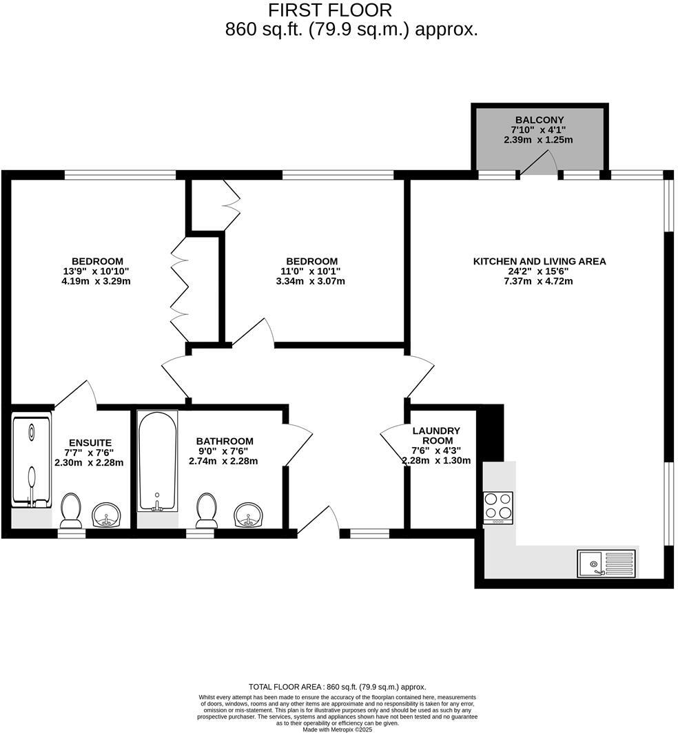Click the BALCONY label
tap(538, 120)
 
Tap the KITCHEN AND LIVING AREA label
tap(539, 261)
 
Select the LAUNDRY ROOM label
tap(435, 435)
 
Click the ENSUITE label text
tap(90, 442)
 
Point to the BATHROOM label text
tap(224, 441)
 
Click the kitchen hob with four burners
tap(497, 507)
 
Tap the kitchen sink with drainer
tap(606, 563)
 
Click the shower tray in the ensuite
tap(32, 460)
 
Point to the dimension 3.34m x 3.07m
tap(311, 281)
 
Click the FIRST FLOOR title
tap(329, 10)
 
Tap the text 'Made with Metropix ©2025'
tap(338, 730)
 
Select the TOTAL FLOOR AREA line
tap(337, 687)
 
